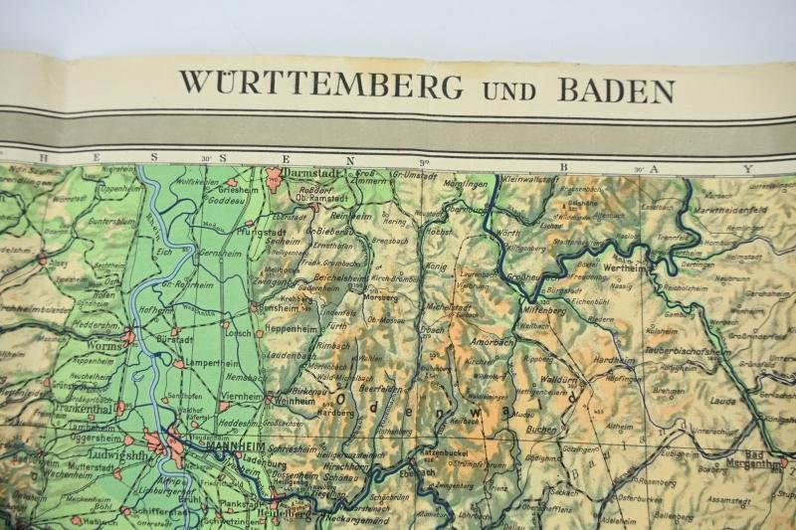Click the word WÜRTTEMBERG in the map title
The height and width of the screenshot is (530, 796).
pyautogui.click(x=320, y=86)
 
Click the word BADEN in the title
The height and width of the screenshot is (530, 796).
pyautogui.click(x=616, y=89)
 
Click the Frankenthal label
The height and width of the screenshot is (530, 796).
pyautogui.click(x=82, y=407)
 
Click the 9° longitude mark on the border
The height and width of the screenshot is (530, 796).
pyautogui.click(x=423, y=162)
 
